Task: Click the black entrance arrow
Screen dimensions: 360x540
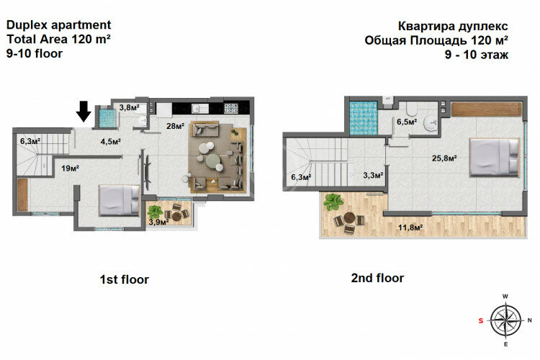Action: (84, 111)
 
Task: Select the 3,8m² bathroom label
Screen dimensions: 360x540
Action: (129, 107)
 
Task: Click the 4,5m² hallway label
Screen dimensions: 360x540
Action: (109, 141)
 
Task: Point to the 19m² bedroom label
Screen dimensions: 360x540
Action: (70, 168)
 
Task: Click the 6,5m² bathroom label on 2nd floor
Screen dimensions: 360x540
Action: (407, 122)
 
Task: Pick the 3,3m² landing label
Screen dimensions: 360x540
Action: (373, 174)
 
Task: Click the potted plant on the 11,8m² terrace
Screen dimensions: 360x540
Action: (333, 202)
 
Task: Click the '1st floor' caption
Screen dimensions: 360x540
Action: (124, 279)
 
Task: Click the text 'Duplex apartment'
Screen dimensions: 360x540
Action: (58, 24)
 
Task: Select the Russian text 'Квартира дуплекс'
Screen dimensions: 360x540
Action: (446, 24)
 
